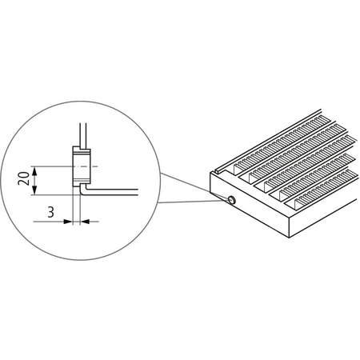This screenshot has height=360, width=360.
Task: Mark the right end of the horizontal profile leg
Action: click(138, 190)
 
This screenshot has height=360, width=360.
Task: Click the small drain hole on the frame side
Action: click(231, 199)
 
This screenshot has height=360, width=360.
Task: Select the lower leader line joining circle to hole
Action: click(192, 202)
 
